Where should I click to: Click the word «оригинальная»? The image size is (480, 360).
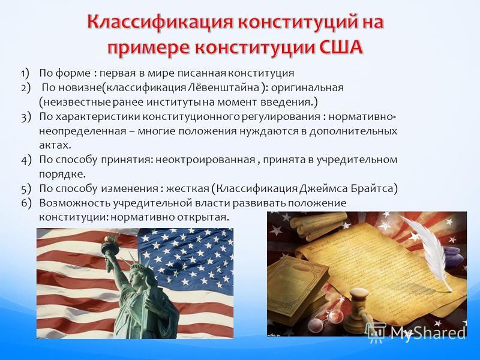click(307, 88)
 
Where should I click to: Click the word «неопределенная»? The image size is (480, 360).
click(83, 131)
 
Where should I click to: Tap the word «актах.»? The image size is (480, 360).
click(55, 145)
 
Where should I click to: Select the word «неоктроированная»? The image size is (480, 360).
click(205, 160)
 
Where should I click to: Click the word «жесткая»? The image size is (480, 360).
click(187, 188)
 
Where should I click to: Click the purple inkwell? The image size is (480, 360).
click(452, 257)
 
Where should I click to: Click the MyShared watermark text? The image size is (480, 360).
click(428, 332)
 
